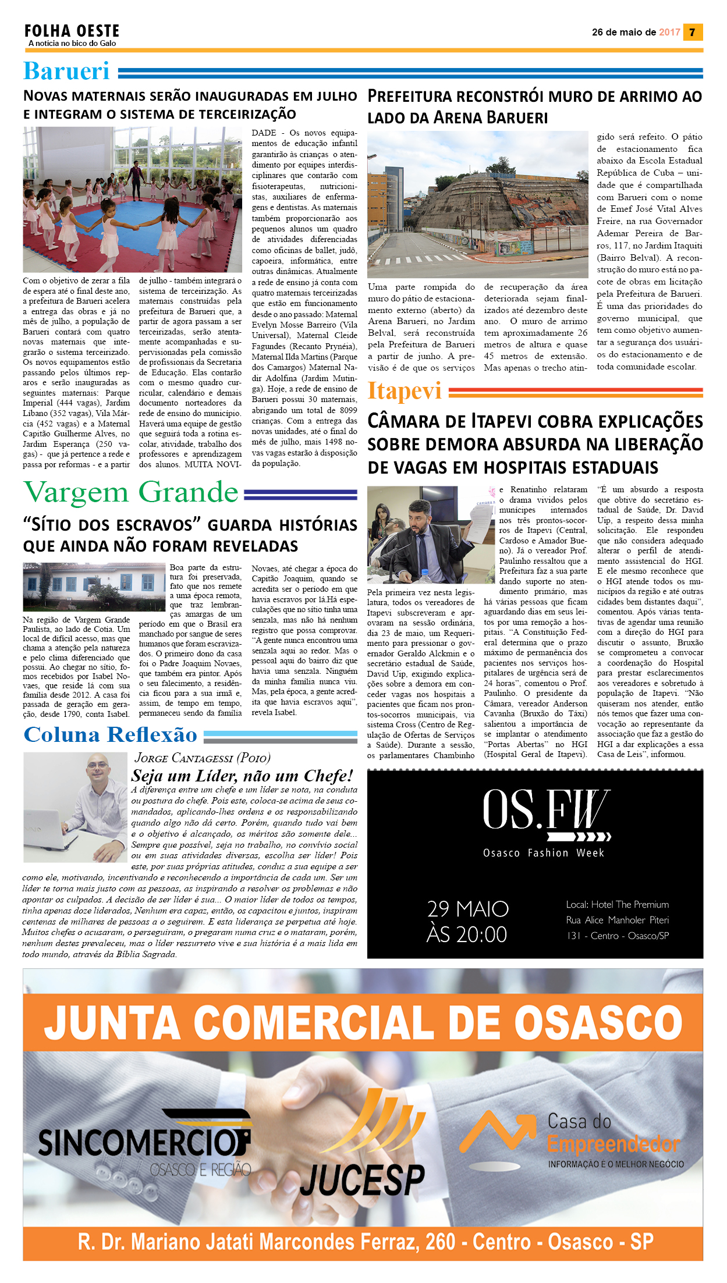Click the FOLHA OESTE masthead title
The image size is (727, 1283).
tap(72, 31)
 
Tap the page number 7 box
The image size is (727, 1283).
tap(693, 32)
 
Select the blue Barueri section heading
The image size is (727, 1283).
tap(66, 71)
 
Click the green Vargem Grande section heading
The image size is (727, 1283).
tap(131, 492)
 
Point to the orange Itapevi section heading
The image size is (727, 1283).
tap(404, 391)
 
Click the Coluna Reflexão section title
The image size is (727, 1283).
tap(111, 735)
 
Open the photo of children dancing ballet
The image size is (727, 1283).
tap(132, 199)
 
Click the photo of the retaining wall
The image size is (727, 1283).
tap(477, 204)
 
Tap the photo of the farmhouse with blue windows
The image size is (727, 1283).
tap(94, 586)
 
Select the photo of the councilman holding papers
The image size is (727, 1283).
tap(431, 534)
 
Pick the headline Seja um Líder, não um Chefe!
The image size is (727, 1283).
tap(242, 776)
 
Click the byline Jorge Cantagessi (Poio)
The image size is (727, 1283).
tap(202, 758)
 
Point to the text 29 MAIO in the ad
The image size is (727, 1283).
tap(468, 909)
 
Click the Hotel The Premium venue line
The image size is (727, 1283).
tap(617, 905)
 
